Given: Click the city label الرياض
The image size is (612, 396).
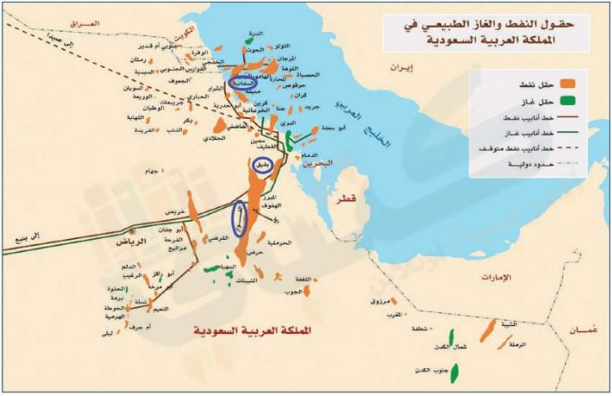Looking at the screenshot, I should tap(114, 242).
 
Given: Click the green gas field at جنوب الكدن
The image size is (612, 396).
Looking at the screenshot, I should tap(453, 372).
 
